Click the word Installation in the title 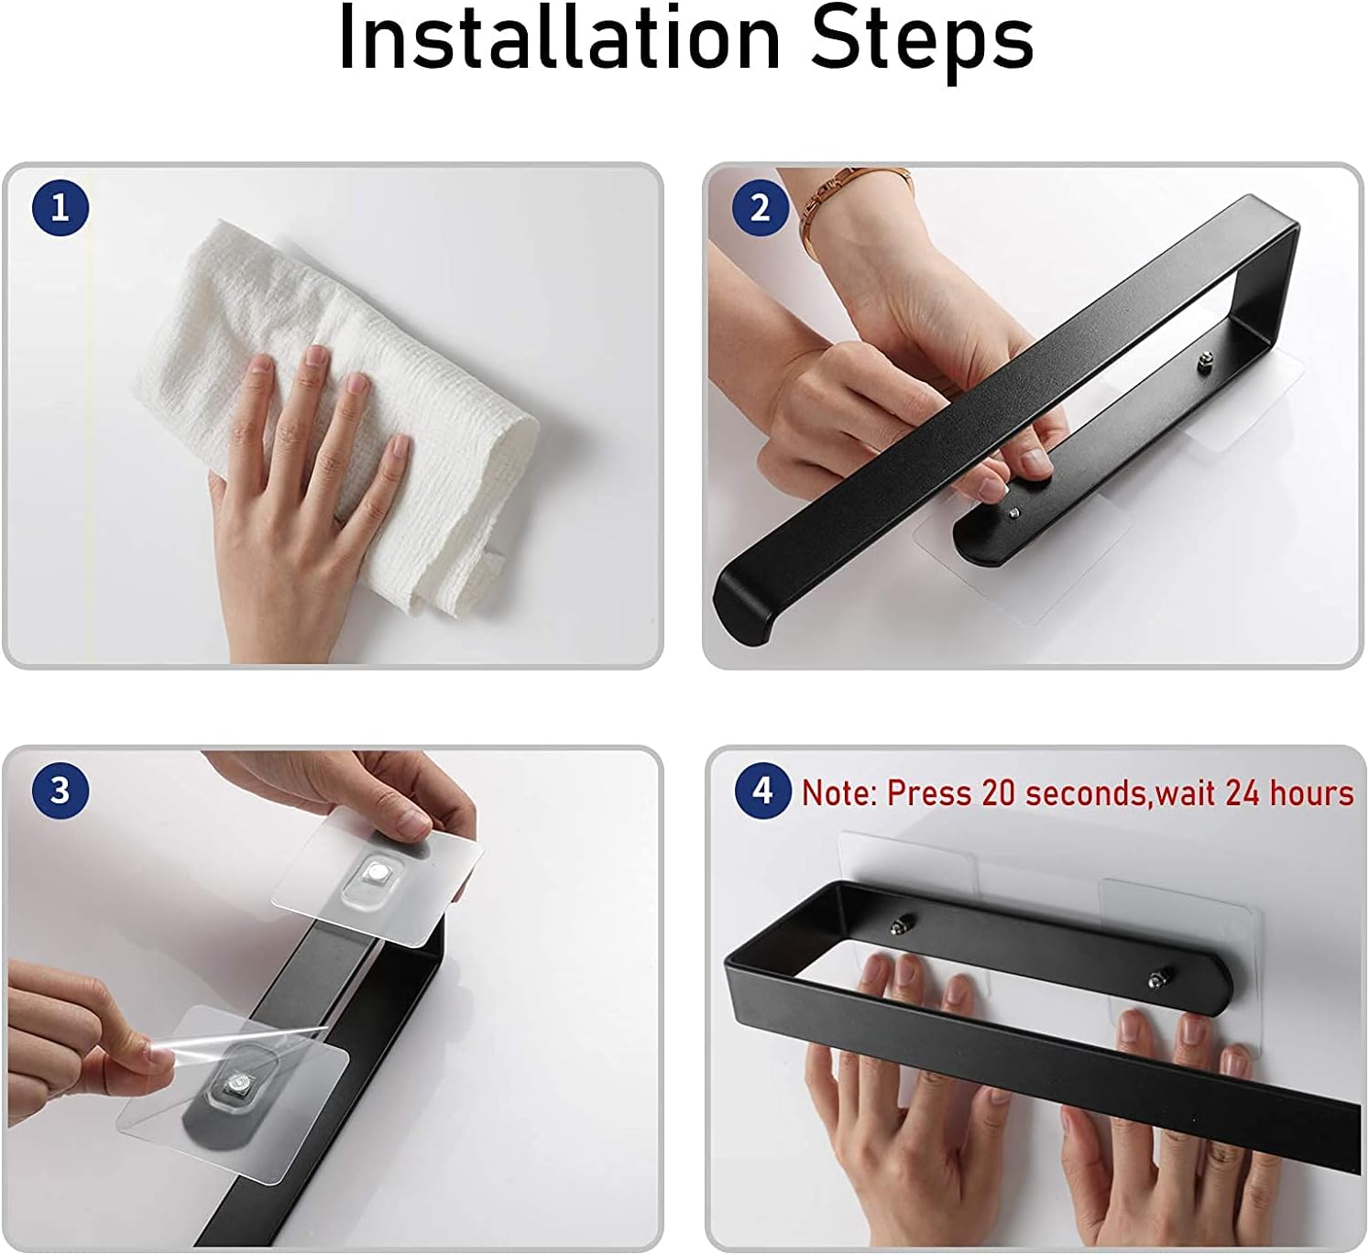coord(559,38)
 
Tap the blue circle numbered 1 coord(60,208)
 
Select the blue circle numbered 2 coord(761,208)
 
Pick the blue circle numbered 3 coord(60,790)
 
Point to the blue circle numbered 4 coord(762,790)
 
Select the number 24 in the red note coord(1243,792)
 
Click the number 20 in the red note coord(1000,792)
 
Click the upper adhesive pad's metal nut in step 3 coord(377,874)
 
